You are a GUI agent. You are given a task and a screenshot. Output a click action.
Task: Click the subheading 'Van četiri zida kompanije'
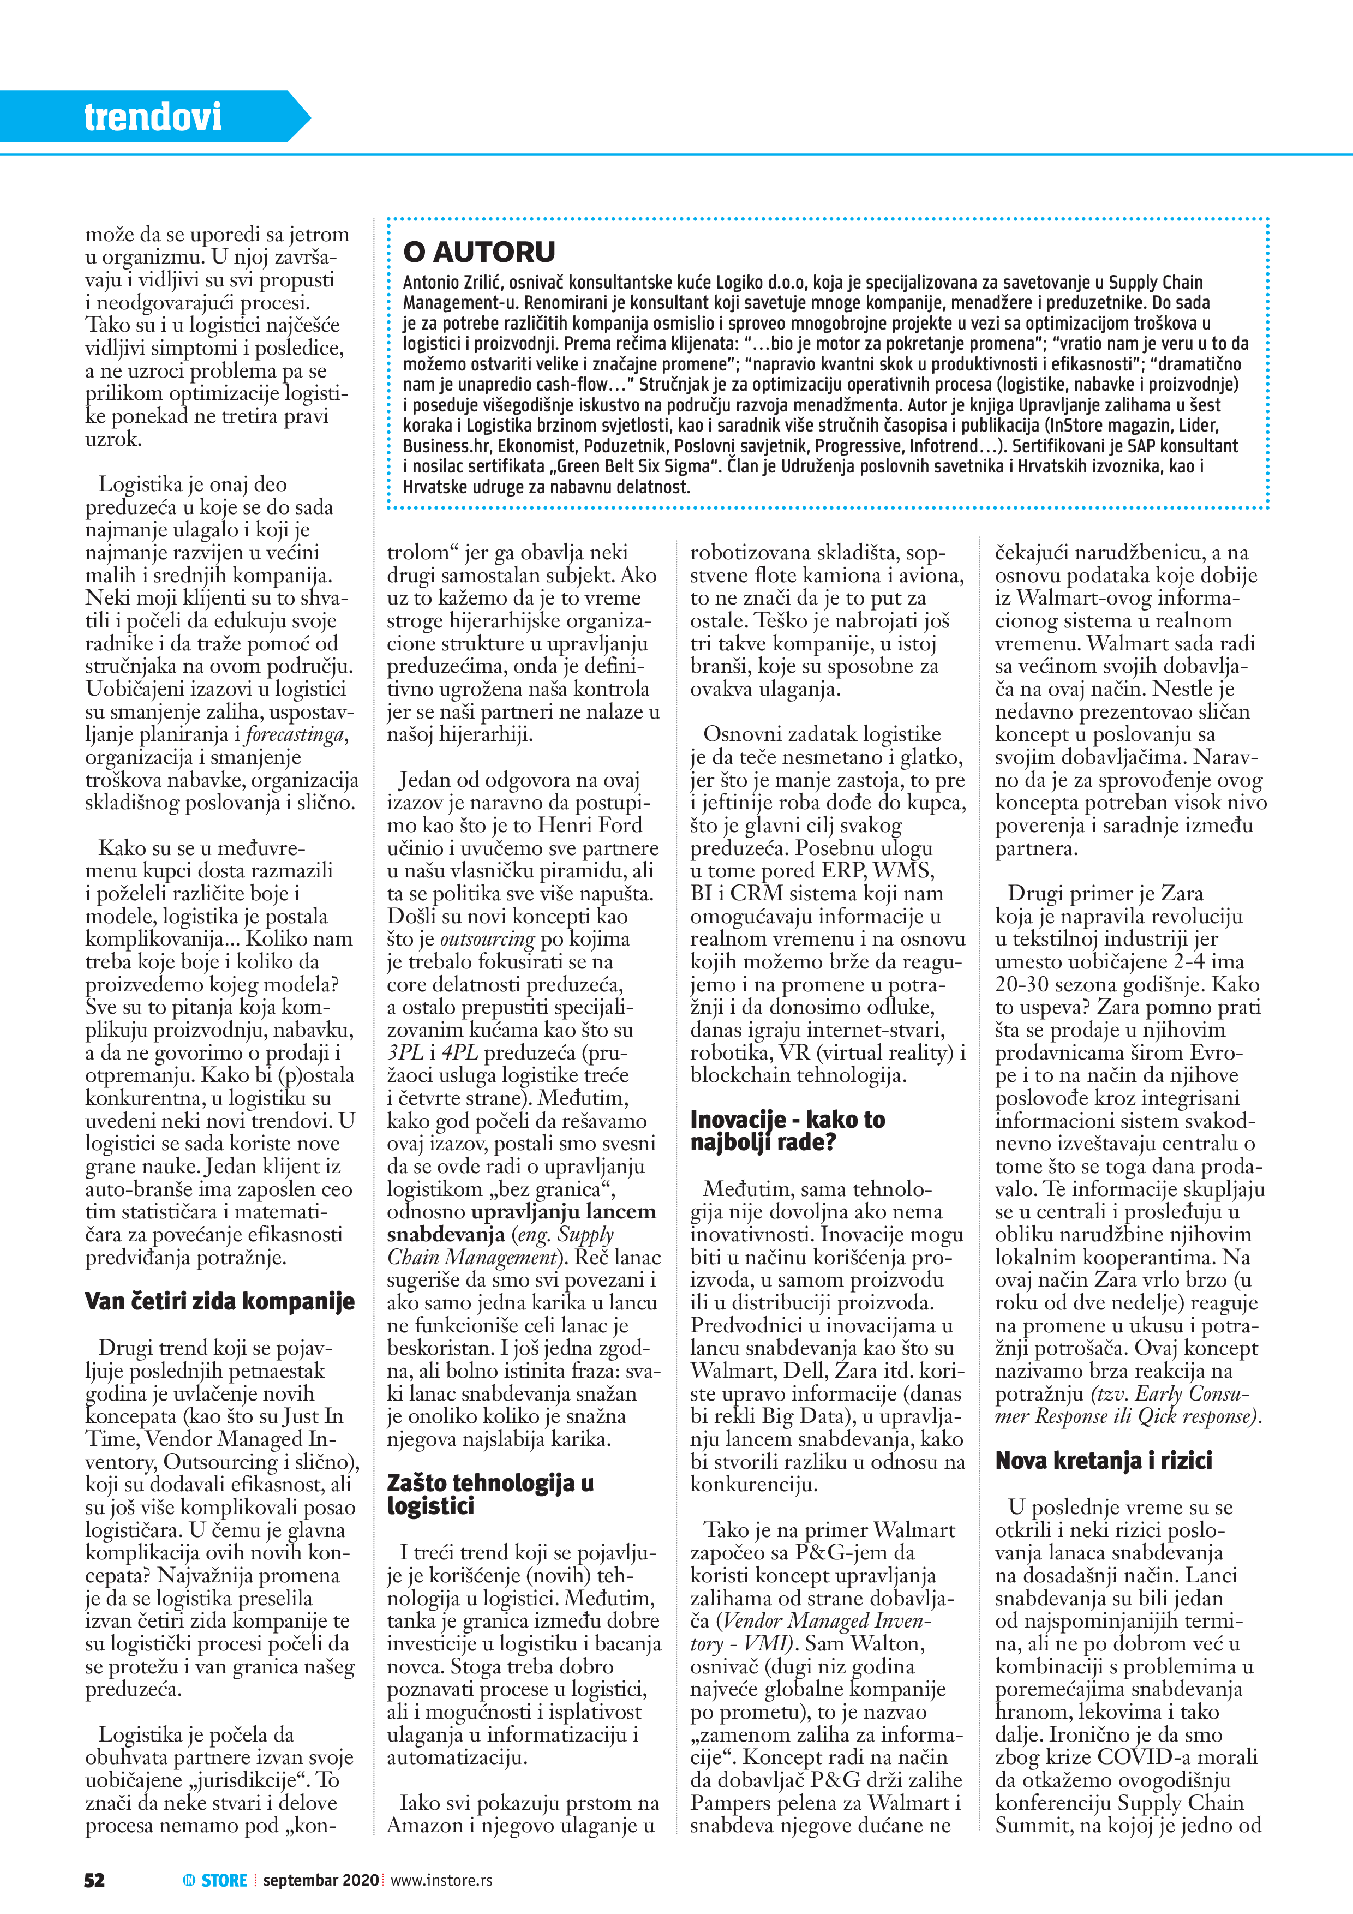(219, 1301)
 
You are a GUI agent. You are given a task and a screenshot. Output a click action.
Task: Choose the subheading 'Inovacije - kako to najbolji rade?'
(787, 1131)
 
